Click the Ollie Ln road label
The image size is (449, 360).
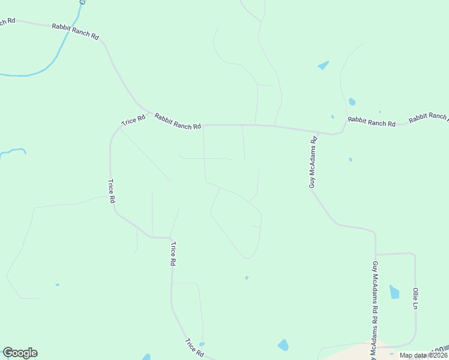(x=415, y=298)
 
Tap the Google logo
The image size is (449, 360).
(x=20, y=353)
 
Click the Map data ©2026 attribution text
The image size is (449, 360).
(x=423, y=355)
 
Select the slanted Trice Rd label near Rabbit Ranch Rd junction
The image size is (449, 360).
(x=133, y=120)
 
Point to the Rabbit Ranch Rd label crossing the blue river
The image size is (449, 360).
(x=75, y=31)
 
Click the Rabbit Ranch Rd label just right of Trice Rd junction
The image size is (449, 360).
(x=177, y=122)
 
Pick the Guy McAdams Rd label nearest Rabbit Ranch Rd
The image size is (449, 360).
(x=313, y=162)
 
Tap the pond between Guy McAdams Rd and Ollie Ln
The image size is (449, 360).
(x=394, y=292)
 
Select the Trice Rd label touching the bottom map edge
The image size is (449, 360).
(x=194, y=348)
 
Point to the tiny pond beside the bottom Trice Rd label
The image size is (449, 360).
(x=202, y=344)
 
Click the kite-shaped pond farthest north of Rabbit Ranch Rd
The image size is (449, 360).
(x=324, y=65)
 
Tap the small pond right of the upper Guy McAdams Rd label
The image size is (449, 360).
(x=351, y=160)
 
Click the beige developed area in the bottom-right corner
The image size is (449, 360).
(x=348, y=352)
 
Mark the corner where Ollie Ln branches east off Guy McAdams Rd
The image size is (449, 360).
(x=376, y=255)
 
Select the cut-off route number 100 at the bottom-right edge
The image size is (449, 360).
(x=441, y=349)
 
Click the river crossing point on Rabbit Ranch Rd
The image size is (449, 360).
(x=71, y=26)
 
